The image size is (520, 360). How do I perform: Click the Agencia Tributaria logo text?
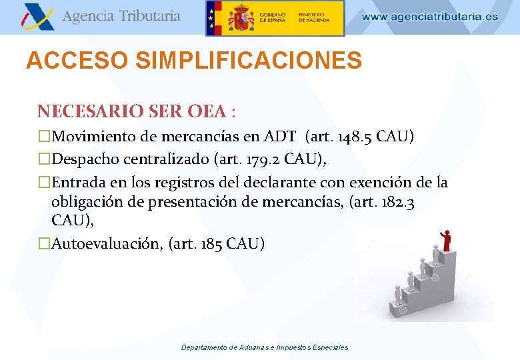point(121,16)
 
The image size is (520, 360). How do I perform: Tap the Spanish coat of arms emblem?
point(240,18)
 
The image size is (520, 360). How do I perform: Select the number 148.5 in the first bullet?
point(351,137)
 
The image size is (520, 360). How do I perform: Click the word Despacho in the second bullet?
point(85,159)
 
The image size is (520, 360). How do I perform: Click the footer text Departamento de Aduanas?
point(233,347)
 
